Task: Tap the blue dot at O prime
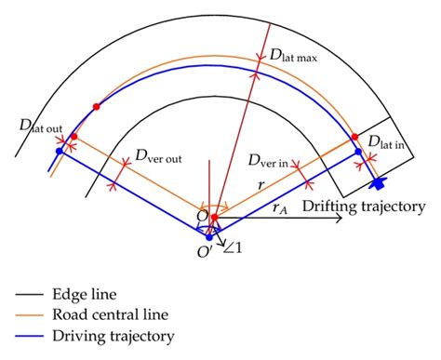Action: click(209, 237)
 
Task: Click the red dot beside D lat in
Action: click(354, 138)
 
